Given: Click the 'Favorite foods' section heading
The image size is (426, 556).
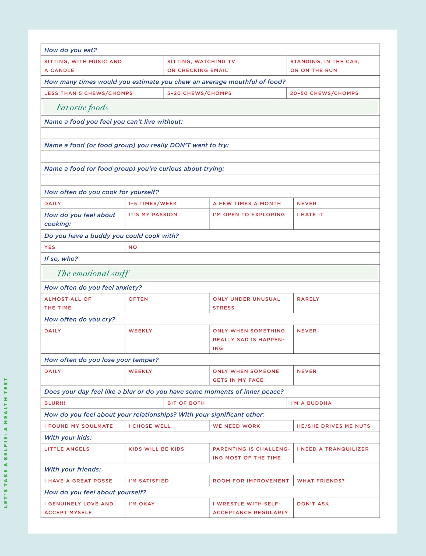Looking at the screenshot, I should (82, 107).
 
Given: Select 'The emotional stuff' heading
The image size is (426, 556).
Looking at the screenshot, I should (93, 273).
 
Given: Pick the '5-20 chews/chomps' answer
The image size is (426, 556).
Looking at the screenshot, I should (199, 93).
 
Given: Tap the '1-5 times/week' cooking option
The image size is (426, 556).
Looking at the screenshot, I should (153, 204).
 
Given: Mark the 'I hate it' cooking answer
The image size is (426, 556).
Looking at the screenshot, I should (310, 215).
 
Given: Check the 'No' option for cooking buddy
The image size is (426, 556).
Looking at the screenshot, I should (133, 247).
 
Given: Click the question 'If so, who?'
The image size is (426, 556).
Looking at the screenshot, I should (61, 259).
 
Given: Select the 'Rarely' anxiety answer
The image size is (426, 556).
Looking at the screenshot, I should (308, 299).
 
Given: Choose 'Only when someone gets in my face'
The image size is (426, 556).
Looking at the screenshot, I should (246, 376).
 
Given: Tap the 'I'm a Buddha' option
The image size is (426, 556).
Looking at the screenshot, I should (311, 403).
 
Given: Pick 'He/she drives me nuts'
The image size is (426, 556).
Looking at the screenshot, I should (333, 426).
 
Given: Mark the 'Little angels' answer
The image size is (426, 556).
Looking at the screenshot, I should (67, 449).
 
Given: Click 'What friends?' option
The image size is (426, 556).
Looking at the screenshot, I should (321, 481).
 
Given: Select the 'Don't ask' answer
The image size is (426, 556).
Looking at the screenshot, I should (313, 504).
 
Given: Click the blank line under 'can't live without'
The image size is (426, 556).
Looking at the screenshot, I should (210, 133).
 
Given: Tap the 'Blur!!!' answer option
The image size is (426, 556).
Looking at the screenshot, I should (55, 403).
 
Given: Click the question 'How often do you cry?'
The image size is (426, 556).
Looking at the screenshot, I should (80, 319).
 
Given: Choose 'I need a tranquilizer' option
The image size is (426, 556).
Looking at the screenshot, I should (333, 449).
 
